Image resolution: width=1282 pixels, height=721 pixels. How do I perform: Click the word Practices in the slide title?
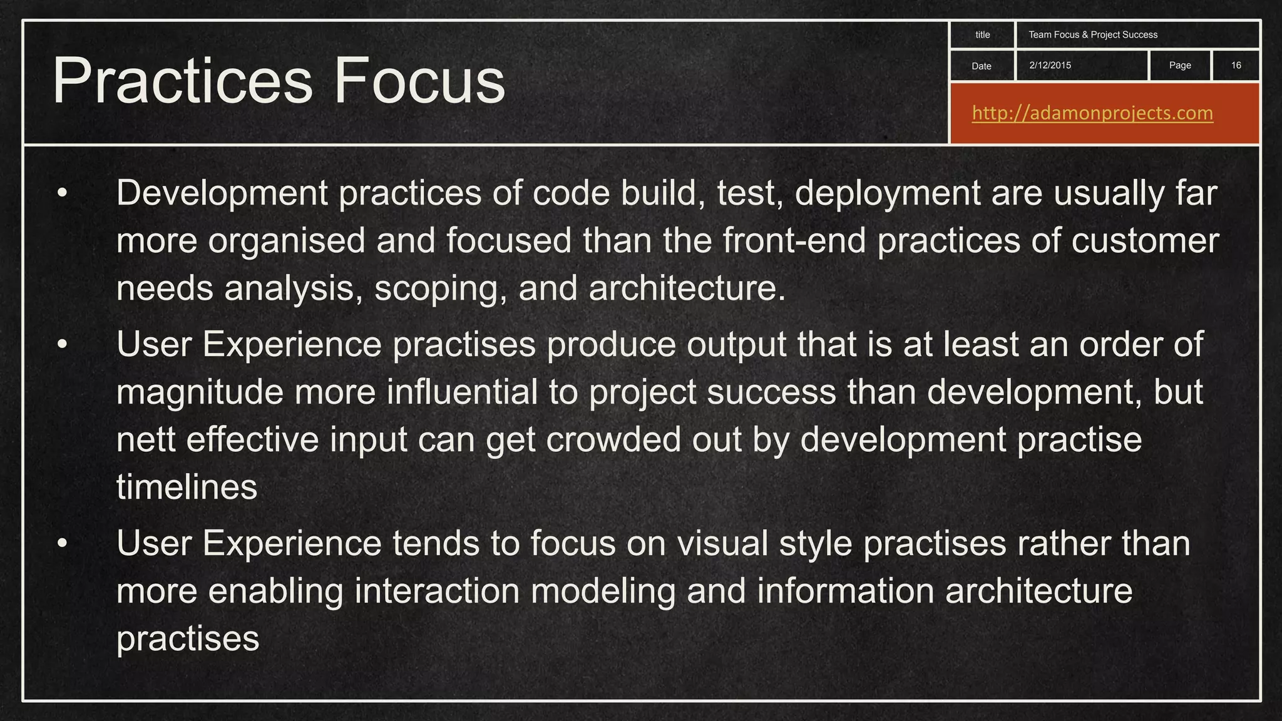(x=182, y=81)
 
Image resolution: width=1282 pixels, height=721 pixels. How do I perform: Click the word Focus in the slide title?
(x=419, y=81)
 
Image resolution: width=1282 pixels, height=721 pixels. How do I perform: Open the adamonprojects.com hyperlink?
(x=1092, y=113)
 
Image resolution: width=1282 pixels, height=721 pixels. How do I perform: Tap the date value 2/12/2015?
(x=1050, y=65)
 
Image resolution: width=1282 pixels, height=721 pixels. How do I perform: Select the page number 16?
(x=1236, y=65)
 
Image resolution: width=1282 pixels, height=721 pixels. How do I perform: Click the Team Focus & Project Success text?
(x=1092, y=34)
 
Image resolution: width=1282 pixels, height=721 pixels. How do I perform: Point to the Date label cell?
(x=981, y=66)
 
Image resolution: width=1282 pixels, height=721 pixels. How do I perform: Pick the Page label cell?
(x=1179, y=65)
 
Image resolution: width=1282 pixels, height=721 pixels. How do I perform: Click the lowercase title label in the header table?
(x=982, y=34)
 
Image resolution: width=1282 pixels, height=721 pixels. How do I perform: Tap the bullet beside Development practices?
(x=61, y=193)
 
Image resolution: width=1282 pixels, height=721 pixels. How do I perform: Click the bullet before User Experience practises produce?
(x=61, y=345)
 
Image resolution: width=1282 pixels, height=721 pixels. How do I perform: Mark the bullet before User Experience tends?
(x=61, y=543)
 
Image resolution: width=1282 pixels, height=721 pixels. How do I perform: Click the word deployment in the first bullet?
(x=888, y=193)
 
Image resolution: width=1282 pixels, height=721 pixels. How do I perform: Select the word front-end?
(x=794, y=241)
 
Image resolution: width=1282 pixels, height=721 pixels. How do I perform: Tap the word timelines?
(x=187, y=488)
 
